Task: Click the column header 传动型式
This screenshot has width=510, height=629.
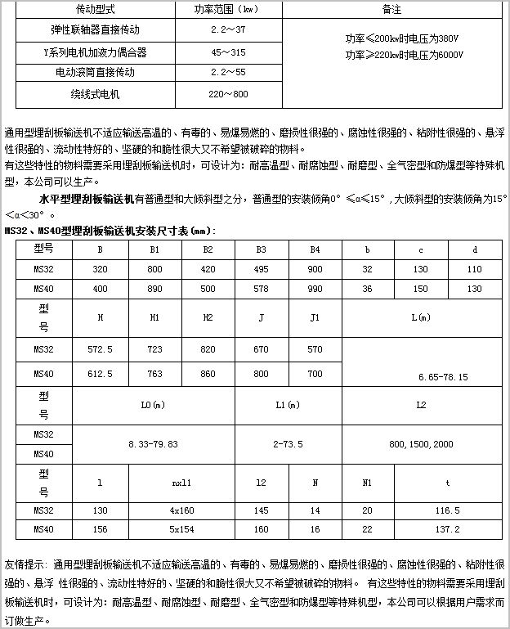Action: click(95, 10)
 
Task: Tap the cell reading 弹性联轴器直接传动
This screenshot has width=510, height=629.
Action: click(95, 30)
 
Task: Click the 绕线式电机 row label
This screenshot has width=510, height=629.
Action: click(95, 94)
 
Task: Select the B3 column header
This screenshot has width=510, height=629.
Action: click(262, 248)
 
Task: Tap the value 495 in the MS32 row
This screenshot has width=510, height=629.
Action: click(262, 268)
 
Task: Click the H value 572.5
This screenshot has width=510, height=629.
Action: click(100, 349)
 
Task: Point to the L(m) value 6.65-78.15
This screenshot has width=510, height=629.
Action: click(443, 377)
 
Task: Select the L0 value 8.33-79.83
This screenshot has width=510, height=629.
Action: click(154, 443)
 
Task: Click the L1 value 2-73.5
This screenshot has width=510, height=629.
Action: click(288, 443)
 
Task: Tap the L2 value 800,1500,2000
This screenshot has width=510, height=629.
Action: click(422, 443)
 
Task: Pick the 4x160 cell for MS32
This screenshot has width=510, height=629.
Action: click(181, 510)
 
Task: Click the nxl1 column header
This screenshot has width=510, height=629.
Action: click(181, 482)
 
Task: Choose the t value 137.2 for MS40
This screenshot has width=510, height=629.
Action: click(447, 529)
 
